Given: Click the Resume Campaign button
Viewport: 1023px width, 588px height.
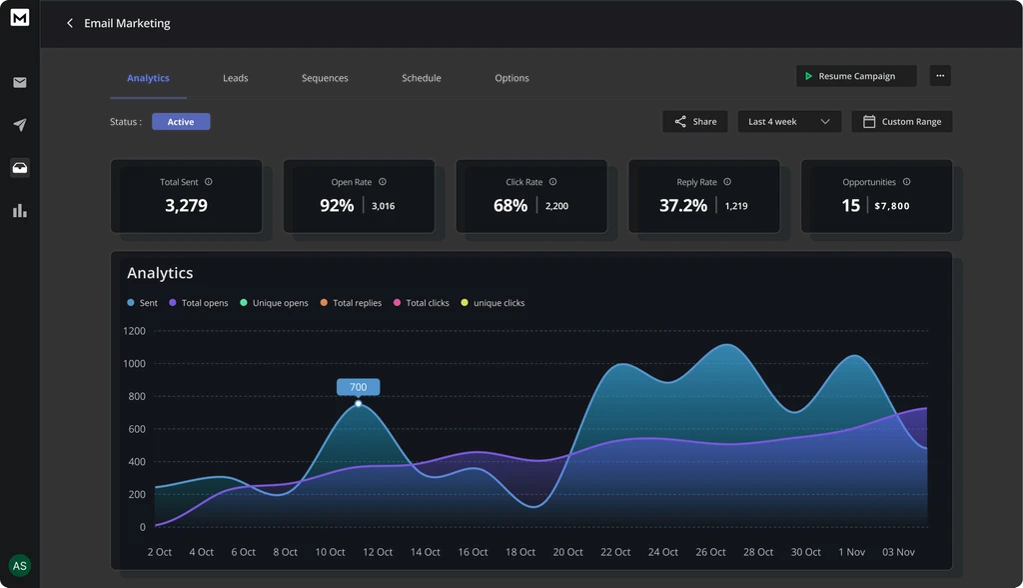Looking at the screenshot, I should click(x=855, y=76).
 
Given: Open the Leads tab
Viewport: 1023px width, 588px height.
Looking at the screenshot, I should click(x=236, y=78).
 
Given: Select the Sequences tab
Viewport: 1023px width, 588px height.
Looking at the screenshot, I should click(x=325, y=78).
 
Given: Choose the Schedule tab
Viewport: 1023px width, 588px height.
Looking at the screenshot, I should click(x=421, y=78).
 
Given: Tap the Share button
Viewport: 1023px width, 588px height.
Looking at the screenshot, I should click(x=694, y=122).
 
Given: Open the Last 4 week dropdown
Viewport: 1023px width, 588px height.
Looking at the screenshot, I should click(x=788, y=122).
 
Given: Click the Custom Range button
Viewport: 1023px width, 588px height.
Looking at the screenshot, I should click(x=901, y=122).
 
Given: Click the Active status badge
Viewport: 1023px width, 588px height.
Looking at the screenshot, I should click(x=181, y=122).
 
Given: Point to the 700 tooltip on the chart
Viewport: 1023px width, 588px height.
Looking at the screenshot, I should click(x=358, y=387).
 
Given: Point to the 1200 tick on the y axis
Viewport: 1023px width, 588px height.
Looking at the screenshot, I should click(x=134, y=331).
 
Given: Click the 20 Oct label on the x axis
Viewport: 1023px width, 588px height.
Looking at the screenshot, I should click(x=567, y=552).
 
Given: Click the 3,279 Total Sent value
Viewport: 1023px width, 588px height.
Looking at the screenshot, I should click(x=186, y=206).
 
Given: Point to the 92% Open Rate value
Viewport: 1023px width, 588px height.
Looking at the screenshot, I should click(x=337, y=206).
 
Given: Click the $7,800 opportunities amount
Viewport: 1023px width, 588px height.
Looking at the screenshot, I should click(x=891, y=206).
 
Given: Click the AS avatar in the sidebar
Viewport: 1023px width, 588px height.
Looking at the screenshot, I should click(x=19, y=566).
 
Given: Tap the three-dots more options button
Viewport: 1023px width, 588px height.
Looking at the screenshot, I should click(x=939, y=76).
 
